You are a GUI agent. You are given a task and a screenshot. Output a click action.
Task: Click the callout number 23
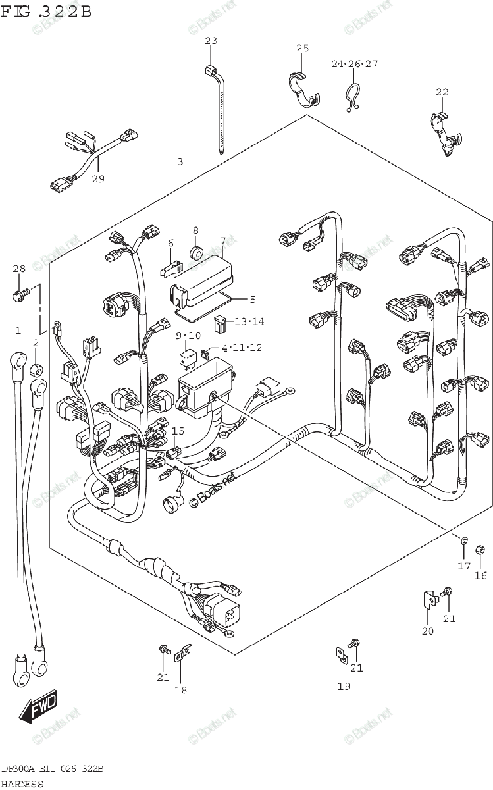pyautogui.click(x=210, y=41)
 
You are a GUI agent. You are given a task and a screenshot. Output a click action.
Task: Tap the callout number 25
pyautogui.click(x=302, y=48)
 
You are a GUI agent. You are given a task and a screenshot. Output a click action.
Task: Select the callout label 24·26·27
pyautogui.click(x=354, y=64)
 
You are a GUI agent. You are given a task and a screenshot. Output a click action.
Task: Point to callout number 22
pyautogui.click(x=442, y=92)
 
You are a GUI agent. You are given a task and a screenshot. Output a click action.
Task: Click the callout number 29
pyautogui.click(x=98, y=179)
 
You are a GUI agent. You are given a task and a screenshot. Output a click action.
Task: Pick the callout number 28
pyautogui.click(x=18, y=268)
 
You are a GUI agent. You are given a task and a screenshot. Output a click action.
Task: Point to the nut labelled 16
pyautogui.click(x=480, y=546)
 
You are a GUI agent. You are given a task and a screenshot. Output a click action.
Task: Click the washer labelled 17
pyautogui.click(x=464, y=541)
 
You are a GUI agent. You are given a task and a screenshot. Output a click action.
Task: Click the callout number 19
pyautogui.click(x=344, y=686)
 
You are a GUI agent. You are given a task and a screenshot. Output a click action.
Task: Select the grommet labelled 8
pyautogui.click(x=195, y=251)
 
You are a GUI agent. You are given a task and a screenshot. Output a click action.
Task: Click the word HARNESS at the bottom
pyautogui.click(x=22, y=783)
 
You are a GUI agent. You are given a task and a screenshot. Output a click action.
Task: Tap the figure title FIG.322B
pyautogui.click(x=46, y=12)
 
